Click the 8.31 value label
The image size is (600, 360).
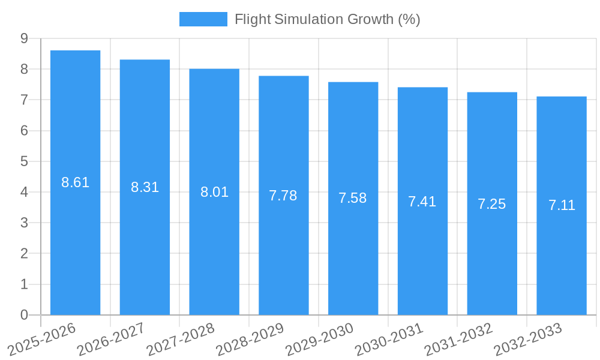(145, 187)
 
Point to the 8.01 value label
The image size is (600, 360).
(214, 192)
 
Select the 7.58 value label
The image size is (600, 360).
(353, 198)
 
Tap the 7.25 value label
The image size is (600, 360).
(492, 204)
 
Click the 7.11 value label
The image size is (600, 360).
(562, 205)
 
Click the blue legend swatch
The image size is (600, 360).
(203, 19)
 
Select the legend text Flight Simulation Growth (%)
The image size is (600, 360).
(327, 19)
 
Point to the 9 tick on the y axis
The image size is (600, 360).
(24, 38)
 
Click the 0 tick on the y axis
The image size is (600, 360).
(24, 315)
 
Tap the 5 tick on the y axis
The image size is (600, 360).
(24, 161)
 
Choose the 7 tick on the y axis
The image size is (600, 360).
(24, 100)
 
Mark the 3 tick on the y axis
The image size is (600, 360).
(24, 223)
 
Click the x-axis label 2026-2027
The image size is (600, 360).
(110, 339)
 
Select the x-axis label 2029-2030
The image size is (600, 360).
(319, 339)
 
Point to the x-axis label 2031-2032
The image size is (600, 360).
(458, 339)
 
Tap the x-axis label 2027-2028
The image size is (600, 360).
(180, 339)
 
